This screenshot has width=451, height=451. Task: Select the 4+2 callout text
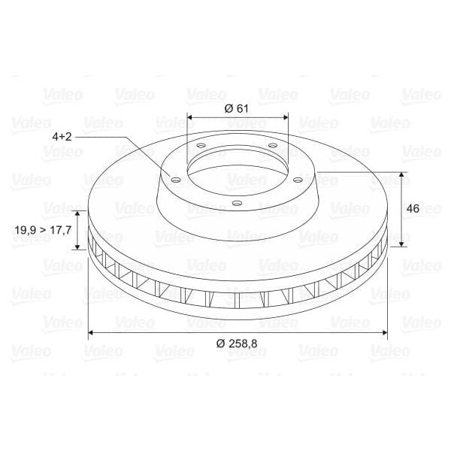[62, 137]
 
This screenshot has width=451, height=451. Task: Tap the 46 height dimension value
[413, 208]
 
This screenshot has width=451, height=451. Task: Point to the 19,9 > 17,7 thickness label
[42, 230]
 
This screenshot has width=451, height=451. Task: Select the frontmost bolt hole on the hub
[237, 203]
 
